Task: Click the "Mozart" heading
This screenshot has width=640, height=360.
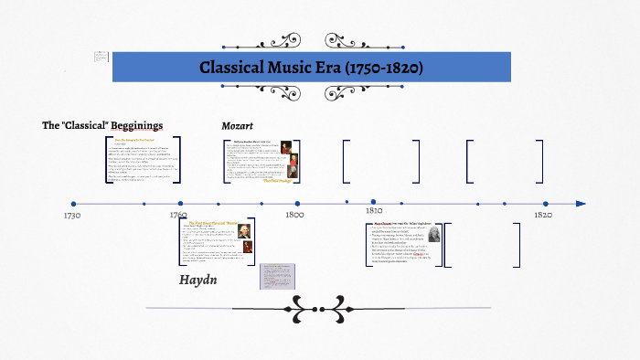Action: click(237, 124)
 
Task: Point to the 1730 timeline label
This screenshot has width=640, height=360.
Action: click(72, 216)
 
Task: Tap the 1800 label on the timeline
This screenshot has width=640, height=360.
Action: click(293, 216)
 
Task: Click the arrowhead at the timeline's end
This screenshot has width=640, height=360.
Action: click(581, 204)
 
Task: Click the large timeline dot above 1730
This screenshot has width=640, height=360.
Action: click(73, 204)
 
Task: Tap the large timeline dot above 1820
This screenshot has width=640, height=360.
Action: click(546, 204)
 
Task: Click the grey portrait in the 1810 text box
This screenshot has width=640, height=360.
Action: click(458, 235)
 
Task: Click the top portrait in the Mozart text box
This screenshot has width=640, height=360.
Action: click(285, 146)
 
